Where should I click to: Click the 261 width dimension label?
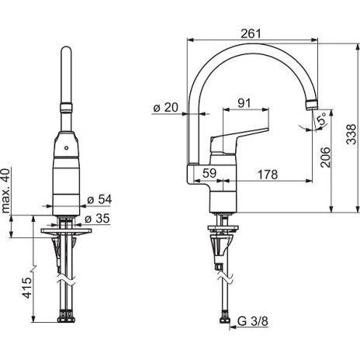pos(251,33)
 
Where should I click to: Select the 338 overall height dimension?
pos(351,134)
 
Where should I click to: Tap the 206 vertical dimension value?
pos(325,157)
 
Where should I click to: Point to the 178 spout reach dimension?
pos(268,175)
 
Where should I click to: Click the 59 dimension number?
pos(209,173)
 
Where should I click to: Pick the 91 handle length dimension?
pos(244,103)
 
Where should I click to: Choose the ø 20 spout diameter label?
pos(166,108)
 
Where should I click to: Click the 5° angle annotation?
pos(322,119)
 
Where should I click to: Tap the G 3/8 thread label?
pos(253,321)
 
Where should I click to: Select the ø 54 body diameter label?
pos(99,200)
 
